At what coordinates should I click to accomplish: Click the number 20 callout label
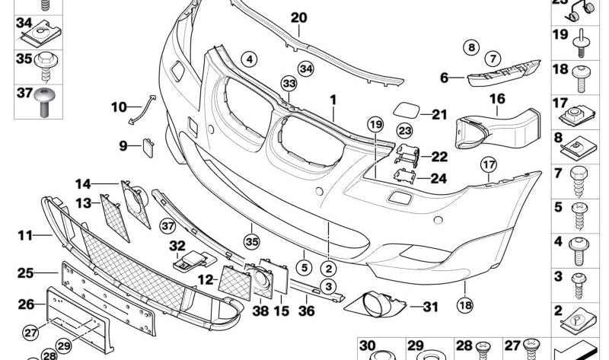[298, 17]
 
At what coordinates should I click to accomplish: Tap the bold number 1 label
[333, 100]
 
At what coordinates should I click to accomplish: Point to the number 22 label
[440, 158]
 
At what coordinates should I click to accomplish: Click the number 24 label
[440, 180]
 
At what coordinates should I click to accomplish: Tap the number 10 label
[119, 107]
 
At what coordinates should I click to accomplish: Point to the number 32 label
[177, 245]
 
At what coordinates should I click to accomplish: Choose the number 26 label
[26, 304]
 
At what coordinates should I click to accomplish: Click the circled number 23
[404, 132]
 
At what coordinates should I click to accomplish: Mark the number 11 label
[26, 236]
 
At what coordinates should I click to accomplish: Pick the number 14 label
[83, 183]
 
